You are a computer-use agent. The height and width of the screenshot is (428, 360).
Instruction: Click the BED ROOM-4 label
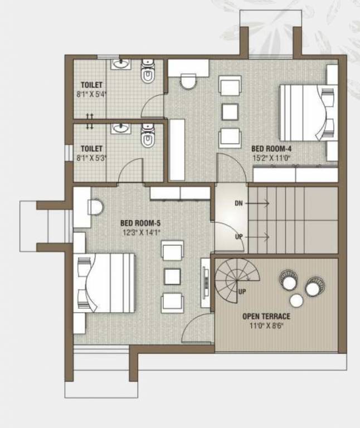(x=271, y=149)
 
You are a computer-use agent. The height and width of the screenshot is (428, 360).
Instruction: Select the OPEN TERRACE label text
(x=266, y=316)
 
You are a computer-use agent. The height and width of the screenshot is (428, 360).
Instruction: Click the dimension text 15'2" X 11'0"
(x=271, y=158)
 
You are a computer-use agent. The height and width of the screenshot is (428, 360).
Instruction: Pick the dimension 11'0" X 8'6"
(x=266, y=325)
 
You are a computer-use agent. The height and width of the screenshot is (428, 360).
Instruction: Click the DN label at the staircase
(x=239, y=204)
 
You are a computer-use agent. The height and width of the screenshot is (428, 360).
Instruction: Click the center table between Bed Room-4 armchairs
(x=230, y=111)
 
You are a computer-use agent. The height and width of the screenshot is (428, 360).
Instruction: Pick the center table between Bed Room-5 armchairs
(x=172, y=276)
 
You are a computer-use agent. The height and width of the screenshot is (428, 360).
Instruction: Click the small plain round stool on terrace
(x=296, y=300)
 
